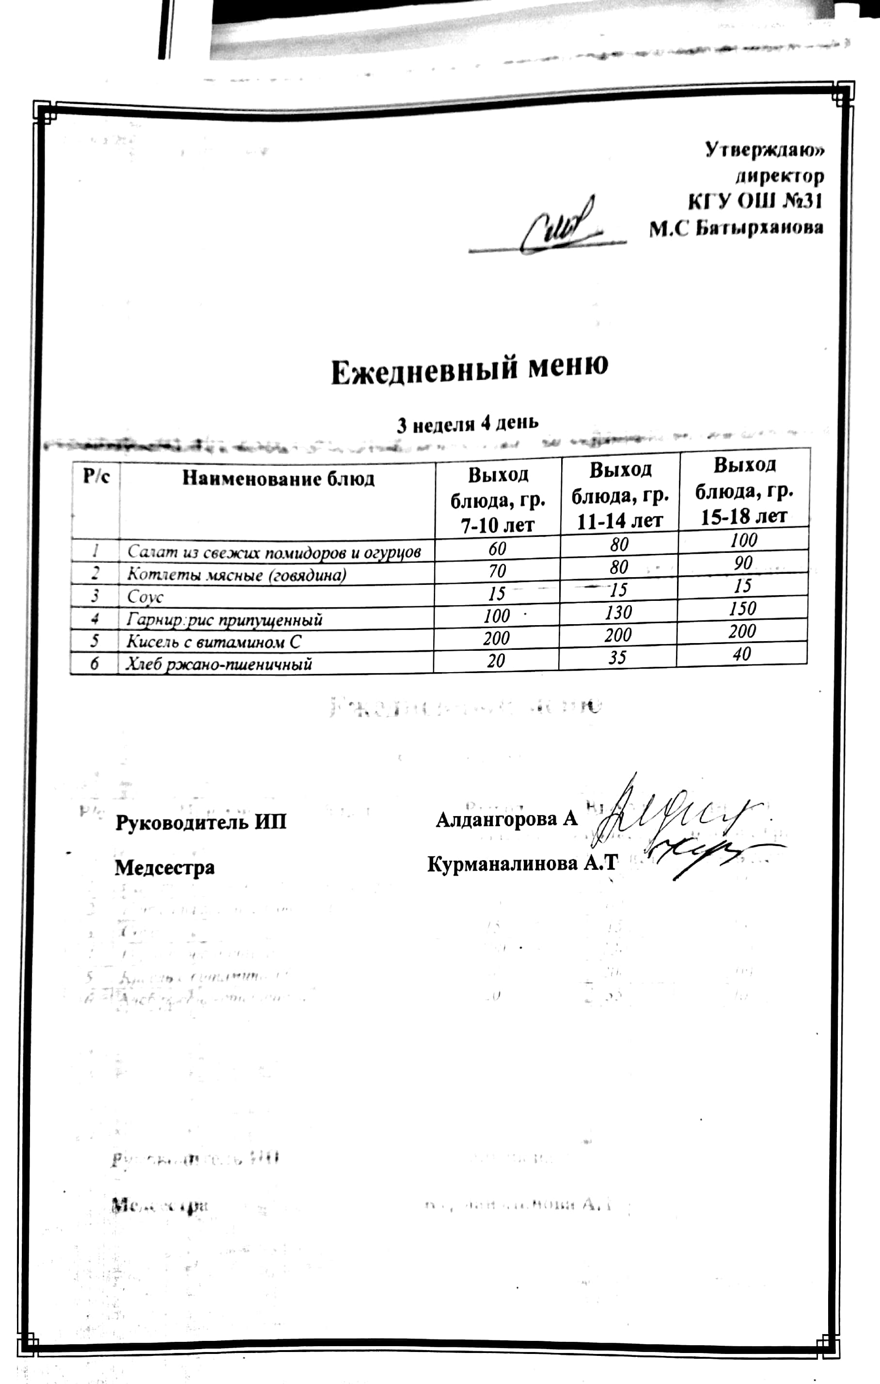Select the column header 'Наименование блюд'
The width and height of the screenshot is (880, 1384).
click(x=278, y=479)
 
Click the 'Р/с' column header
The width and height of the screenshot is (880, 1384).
click(x=96, y=476)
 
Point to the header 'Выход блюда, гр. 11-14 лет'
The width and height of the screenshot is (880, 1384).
click(x=620, y=495)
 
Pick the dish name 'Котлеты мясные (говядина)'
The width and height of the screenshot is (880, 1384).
click(x=236, y=574)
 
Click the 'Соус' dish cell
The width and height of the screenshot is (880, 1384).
click(x=145, y=597)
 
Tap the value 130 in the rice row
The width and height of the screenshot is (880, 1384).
click(x=618, y=613)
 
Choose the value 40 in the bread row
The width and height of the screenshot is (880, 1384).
click(x=742, y=654)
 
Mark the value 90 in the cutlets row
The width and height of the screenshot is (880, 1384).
click(x=743, y=563)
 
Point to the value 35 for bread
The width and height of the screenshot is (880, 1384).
click(x=617, y=658)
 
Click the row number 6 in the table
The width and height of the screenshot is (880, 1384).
click(x=94, y=664)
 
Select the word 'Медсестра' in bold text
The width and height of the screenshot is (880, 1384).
click(x=165, y=867)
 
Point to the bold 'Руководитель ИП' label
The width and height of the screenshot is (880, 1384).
click(x=201, y=822)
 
